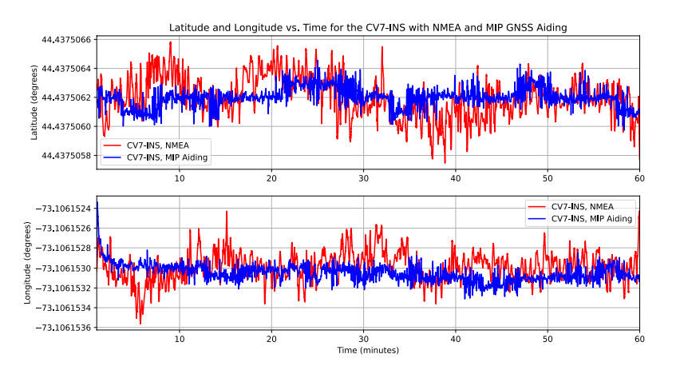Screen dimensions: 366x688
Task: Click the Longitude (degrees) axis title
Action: [28, 262]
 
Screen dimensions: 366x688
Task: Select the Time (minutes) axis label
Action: [368, 350]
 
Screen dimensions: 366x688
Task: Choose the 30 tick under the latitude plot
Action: [363, 178]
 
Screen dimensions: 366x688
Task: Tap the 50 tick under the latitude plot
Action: [548, 178]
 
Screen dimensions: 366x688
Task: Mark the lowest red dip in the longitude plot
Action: [140, 323]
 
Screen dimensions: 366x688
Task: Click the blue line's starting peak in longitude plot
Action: [97, 205]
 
